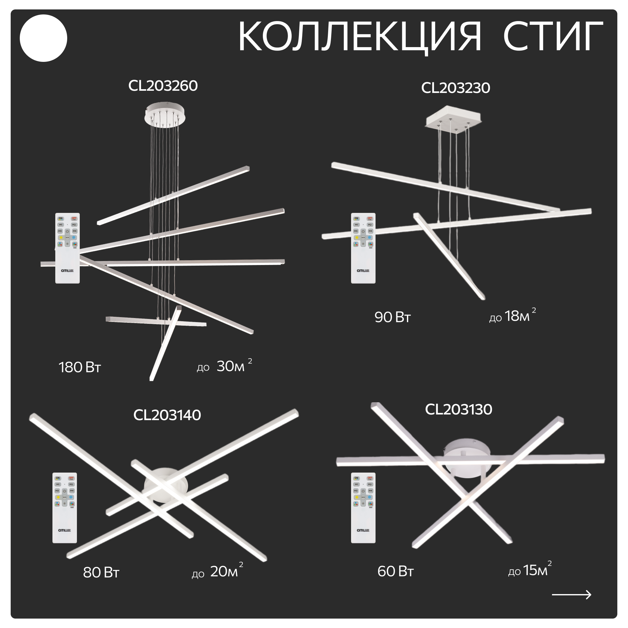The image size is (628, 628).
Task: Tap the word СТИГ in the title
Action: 553,36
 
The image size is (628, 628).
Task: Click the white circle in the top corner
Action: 44,38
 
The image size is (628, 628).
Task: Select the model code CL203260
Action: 163,86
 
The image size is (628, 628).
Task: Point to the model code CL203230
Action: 455,88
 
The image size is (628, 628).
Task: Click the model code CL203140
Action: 167,415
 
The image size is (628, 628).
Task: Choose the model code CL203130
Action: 458,409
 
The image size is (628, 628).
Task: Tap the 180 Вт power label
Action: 80,368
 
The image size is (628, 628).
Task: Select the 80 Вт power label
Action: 101,573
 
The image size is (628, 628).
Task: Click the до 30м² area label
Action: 224,366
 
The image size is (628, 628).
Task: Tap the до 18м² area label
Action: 512,316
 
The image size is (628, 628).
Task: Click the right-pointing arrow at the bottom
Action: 571,595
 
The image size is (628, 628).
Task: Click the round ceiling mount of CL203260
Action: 165,114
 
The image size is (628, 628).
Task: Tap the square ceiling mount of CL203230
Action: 453,119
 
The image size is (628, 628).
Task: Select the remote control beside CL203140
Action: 65,508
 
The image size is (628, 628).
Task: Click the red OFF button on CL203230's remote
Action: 370,219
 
